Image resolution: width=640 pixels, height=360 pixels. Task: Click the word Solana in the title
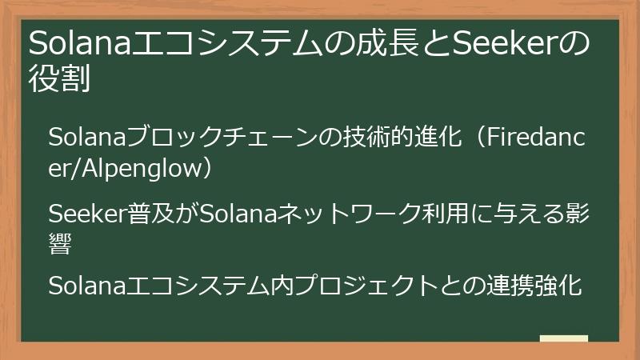point(79,43)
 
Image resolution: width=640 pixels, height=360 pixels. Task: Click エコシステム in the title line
point(227,43)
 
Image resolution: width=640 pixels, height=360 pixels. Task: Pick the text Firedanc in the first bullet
point(535,137)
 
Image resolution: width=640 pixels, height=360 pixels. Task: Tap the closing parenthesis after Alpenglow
point(206,169)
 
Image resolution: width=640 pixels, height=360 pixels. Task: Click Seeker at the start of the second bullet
point(88,214)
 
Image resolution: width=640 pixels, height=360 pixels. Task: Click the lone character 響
point(60,244)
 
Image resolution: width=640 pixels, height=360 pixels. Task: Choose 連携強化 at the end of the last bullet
point(534,286)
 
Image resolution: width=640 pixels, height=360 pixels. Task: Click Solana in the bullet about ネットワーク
point(238,214)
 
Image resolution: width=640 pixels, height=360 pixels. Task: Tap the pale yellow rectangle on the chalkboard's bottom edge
point(564,338)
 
